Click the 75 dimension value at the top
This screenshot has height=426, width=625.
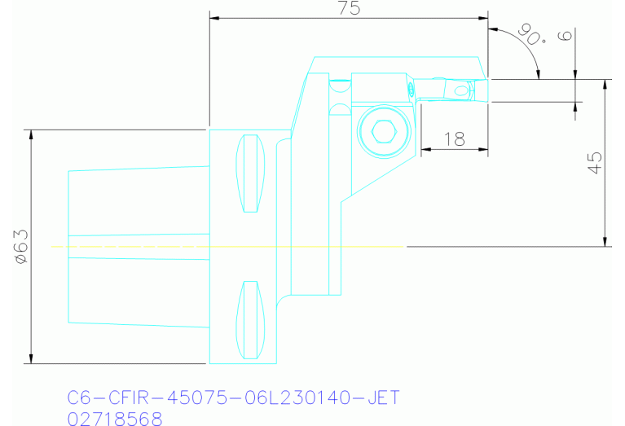[348, 8]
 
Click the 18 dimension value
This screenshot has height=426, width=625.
[454, 139]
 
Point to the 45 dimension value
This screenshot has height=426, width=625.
[595, 163]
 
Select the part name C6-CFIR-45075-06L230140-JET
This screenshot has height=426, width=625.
[233, 398]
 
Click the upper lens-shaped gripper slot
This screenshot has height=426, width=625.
[251, 173]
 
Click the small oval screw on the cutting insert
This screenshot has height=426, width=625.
[464, 89]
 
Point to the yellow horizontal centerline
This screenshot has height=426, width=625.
[228, 246]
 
